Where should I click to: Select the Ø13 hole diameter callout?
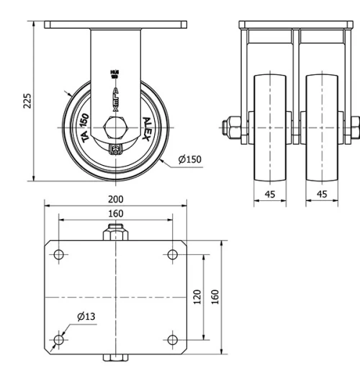click(86, 316)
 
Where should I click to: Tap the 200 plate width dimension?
click(115, 199)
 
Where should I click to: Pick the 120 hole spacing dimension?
click(197, 296)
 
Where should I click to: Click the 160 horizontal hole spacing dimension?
click(115, 213)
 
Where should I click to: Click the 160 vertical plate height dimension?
click(215, 296)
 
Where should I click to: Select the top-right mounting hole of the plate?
click(172, 254)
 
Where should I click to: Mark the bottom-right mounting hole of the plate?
click(172, 339)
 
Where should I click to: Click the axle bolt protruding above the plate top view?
click(116, 233)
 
